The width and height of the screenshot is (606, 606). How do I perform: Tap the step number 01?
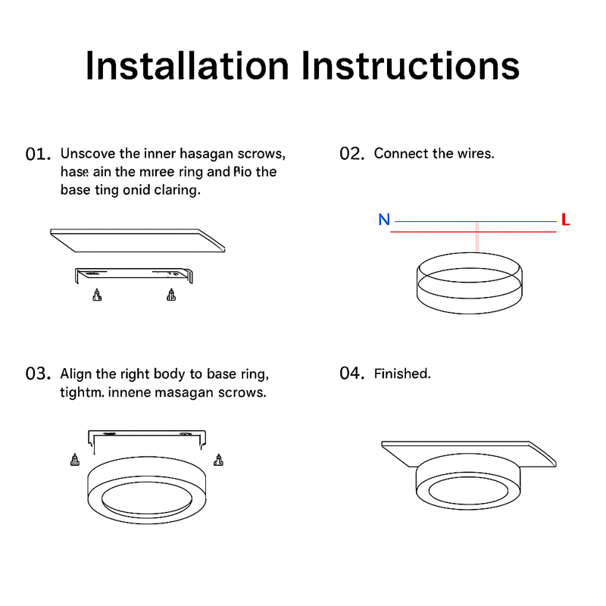(x=38, y=154)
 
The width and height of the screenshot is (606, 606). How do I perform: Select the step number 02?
(x=352, y=154)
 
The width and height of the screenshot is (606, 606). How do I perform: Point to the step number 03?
(x=38, y=374)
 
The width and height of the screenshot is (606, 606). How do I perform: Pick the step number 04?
(x=352, y=374)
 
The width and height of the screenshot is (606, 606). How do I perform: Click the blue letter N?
(x=384, y=220)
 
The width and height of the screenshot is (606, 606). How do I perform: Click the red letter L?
(x=565, y=220)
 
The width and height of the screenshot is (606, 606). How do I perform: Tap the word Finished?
(x=402, y=374)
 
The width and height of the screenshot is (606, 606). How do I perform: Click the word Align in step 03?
(x=77, y=374)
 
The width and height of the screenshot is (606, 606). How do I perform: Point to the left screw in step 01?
(x=96, y=295)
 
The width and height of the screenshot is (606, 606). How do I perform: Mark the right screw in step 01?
(x=171, y=295)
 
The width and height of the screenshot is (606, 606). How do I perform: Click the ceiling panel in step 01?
(x=138, y=240)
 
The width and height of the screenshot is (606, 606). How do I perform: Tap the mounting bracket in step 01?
(x=133, y=273)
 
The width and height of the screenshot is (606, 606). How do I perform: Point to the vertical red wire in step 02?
(x=476, y=238)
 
